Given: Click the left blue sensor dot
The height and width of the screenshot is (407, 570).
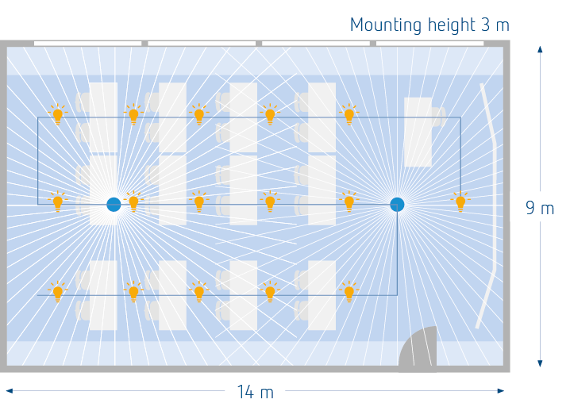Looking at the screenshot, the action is tap(114, 205).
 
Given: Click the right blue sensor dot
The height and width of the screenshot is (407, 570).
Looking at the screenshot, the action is tap(397, 205).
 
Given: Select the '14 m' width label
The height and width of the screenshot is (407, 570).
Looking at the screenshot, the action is tap(255, 392).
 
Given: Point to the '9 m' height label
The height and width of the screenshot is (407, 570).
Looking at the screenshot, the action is tap(540, 208).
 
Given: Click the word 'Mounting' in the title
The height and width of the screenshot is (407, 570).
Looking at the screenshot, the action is tap(386, 25).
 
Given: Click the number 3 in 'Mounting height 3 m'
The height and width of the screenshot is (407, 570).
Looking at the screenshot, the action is tap(485, 25).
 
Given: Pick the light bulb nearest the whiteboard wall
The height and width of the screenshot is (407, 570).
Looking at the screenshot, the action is tap(460, 202).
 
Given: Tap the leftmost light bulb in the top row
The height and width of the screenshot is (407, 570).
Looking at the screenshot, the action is tap(58, 114).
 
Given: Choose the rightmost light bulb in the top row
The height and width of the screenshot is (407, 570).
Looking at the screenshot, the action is tap(349, 114).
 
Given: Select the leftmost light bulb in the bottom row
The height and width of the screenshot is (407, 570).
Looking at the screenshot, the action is tap(58, 291).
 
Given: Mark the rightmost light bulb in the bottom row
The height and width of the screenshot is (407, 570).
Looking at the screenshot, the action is tap(349, 291).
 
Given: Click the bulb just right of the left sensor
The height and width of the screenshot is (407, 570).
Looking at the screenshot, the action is tap(133, 202).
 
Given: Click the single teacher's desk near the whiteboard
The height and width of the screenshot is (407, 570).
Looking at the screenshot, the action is tap(418, 132).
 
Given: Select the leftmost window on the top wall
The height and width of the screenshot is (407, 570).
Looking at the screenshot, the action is tap(87, 44).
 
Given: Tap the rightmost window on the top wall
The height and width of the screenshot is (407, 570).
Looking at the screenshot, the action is tap(429, 44).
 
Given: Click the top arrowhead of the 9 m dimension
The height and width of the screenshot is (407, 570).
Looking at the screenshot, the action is tap(540, 49).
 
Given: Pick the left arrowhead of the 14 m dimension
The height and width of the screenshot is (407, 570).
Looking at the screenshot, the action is tap(10, 390).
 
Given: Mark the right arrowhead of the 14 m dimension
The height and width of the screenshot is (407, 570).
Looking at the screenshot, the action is tap(501, 390).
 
